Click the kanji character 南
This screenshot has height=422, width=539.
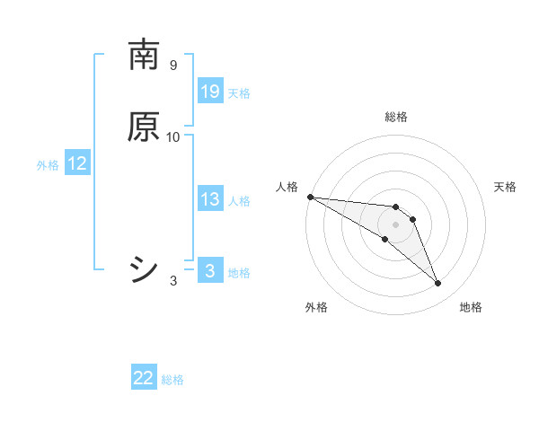[x=145, y=56]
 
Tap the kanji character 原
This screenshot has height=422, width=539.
[x=145, y=127]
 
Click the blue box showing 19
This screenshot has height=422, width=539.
[x=210, y=92]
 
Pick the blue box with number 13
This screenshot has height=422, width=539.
[x=210, y=200]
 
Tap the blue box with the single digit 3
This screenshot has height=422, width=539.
[x=210, y=271]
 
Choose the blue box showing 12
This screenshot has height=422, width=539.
[x=77, y=164]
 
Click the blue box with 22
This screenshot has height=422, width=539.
[x=144, y=379]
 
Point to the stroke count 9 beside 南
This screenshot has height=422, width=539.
[x=172, y=66]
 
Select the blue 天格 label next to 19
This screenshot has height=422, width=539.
[x=239, y=93]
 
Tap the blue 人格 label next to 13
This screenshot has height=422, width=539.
[x=239, y=201]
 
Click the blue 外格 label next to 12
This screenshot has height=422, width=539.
[x=48, y=165]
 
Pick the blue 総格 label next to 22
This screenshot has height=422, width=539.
[x=172, y=380]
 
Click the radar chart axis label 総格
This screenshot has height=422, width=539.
[x=396, y=117]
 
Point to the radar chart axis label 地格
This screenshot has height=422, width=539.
[x=471, y=308]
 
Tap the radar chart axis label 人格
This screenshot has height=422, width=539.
[x=287, y=186]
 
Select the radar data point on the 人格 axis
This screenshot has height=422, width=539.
[x=310, y=197]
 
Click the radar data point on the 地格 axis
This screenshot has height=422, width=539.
[x=438, y=284]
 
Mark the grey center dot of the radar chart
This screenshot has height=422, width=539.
[x=396, y=224]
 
